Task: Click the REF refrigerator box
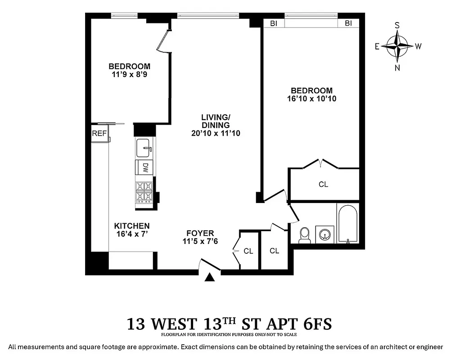click(99, 134)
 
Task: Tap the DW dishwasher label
click(145, 167)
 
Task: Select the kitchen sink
click(144, 147)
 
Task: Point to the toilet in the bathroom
click(305, 234)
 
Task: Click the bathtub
click(347, 224)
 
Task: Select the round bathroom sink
click(325, 234)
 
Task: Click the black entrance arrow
click(209, 278)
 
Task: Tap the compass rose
click(397, 46)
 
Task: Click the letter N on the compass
click(397, 68)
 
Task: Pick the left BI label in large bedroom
click(274, 23)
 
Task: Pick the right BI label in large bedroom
click(348, 23)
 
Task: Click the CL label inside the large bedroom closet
click(323, 184)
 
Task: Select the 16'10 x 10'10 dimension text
click(311, 99)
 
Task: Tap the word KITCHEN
click(131, 226)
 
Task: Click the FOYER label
click(200, 233)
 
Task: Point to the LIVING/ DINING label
click(215, 121)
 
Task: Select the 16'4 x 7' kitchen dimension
click(131, 234)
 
